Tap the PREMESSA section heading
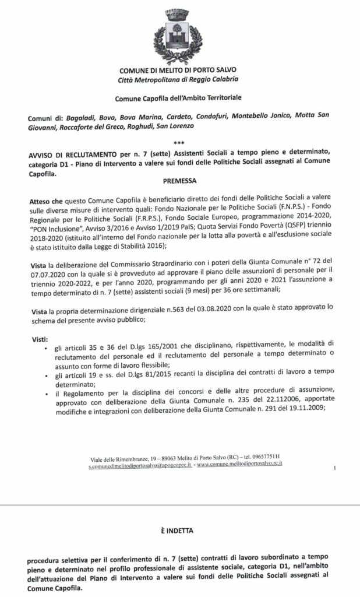179,181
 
